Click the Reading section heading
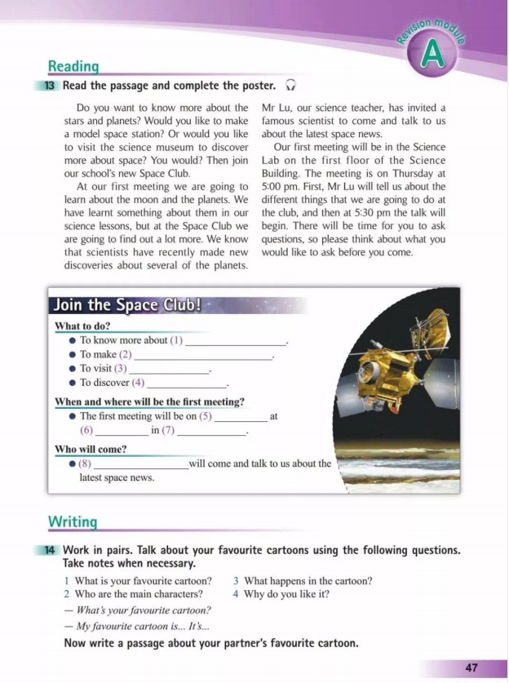[x=73, y=66]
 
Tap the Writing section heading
[x=73, y=521]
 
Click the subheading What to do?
[x=82, y=326]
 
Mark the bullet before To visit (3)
[x=73, y=369]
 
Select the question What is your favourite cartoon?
[x=143, y=581]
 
